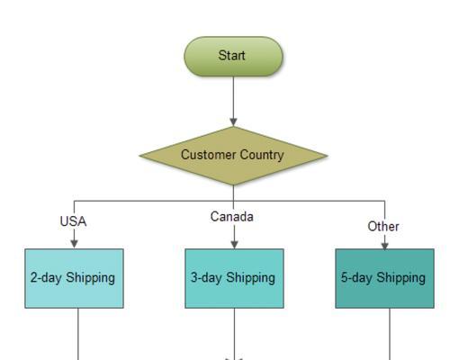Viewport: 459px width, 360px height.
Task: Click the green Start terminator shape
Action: [x=233, y=56]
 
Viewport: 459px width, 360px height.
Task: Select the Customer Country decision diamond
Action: [x=233, y=156]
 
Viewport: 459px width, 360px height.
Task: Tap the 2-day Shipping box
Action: [x=74, y=278]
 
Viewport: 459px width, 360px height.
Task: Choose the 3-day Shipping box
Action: [x=234, y=278]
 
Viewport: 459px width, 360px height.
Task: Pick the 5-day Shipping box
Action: [x=384, y=278]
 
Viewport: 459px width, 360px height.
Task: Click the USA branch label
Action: [x=73, y=221]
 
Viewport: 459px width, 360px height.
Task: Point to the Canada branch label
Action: [x=232, y=217]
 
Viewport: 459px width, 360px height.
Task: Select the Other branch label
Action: [x=383, y=227]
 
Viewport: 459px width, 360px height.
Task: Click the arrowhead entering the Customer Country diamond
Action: [x=233, y=121]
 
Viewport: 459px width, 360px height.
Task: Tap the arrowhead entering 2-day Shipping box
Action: [x=74, y=244]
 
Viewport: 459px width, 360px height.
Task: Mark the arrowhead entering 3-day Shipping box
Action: [x=234, y=244]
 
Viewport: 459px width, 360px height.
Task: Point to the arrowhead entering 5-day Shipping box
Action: [x=385, y=245]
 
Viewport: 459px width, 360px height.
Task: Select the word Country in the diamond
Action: [x=262, y=156]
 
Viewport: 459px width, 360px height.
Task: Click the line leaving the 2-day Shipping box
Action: [x=78, y=334]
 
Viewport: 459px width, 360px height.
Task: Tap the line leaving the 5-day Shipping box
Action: [x=390, y=334]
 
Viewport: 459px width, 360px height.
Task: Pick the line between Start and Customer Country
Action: [x=233, y=97]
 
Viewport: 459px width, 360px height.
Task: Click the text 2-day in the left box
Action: [x=46, y=278]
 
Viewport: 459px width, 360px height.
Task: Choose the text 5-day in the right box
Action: [x=356, y=278]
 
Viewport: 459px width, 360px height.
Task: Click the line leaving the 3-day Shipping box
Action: [x=234, y=333]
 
